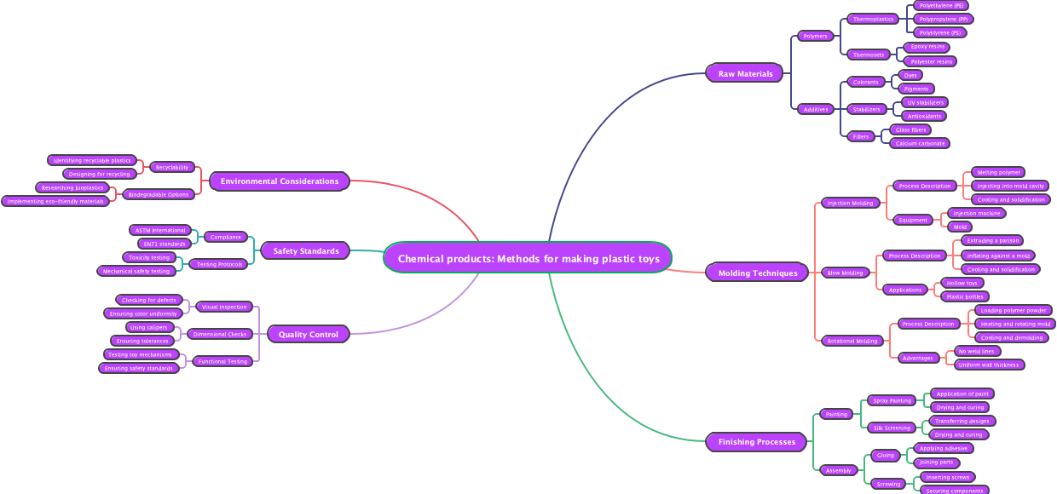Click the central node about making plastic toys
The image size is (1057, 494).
click(528, 258)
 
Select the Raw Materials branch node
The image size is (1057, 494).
click(745, 74)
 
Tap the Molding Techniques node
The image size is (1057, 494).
click(757, 273)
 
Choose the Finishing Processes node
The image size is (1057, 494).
click(756, 442)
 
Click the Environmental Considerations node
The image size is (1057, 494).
click(280, 181)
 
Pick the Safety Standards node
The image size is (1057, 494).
click(306, 251)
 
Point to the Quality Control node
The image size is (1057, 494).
click(308, 335)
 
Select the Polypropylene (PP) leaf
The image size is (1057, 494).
click(943, 19)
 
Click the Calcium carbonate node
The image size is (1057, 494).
click(920, 143)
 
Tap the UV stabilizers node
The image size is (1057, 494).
click(925, 102)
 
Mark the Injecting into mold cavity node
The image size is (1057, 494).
click(1010, 186)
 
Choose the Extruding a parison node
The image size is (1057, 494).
click(992, 241)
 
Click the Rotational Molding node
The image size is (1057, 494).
click(852, 341)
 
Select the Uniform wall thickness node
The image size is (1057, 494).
click(989, 365)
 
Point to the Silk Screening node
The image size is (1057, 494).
click(892, 428)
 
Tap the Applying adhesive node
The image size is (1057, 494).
click(943, 448)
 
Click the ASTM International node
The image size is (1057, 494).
click(160, 230)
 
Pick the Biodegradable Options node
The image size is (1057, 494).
click(159, 194)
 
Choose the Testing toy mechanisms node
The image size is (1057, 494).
click(140, 354)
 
